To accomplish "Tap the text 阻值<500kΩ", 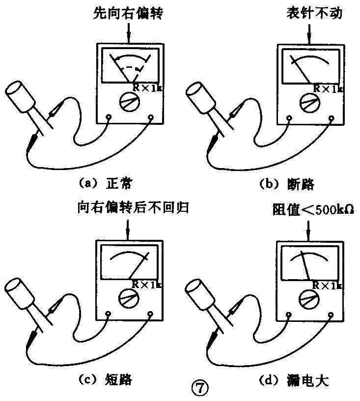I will tap(310, 210).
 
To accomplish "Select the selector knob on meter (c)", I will tap(129, 298).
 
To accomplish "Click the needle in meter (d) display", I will tap(305, 265).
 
